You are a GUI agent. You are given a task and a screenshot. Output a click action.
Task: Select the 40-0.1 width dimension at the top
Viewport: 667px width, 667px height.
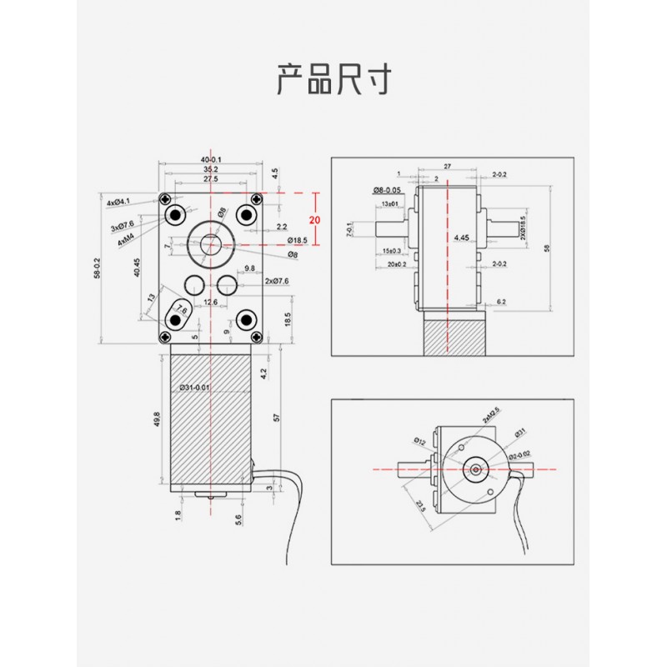click(x=210, y=159)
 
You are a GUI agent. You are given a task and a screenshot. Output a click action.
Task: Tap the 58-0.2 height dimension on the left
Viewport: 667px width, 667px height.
click(x=98, y=268)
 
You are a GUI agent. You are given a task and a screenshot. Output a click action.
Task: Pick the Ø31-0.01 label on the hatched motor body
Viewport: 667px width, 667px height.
click(x=194, y=388)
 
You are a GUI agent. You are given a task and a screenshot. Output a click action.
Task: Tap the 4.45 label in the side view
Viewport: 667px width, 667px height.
click(x=462, y=238)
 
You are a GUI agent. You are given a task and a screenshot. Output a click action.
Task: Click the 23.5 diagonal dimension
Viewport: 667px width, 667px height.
click(x=419, y=506)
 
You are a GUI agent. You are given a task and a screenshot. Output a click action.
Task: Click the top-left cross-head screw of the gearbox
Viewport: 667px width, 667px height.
click(x=169, y=198)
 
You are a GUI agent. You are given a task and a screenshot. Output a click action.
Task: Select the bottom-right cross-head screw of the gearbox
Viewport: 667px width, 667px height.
click(x=255, y=335)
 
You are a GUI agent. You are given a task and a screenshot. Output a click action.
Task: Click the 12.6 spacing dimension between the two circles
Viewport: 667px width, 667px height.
click(x=209, y=302)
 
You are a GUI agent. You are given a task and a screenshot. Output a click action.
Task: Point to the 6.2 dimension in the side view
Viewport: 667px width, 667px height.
click(x=501, y=301)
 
